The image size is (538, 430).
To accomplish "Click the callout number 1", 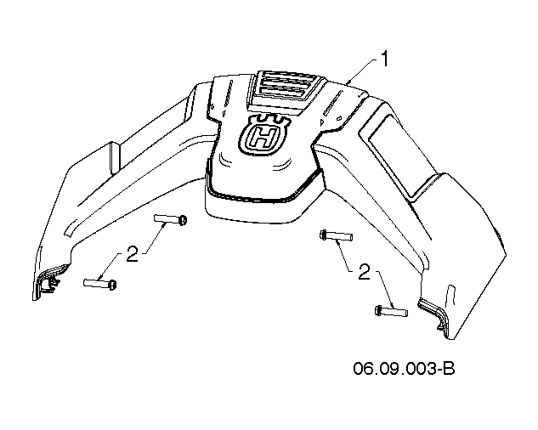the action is click(x=385, y=59).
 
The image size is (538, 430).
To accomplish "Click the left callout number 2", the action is click(x=133, y=254).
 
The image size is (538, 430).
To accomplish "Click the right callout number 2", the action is click(x=365, y=271).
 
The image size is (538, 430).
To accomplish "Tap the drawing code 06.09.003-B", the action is click(x=404, y=369).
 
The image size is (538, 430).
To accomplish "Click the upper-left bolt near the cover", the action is click(x=170, y=219).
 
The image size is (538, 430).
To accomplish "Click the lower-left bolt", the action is click(x=99, y=284).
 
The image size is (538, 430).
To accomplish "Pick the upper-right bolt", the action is click(x=337, y=235).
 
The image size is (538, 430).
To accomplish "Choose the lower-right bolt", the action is click(x=391, y=311).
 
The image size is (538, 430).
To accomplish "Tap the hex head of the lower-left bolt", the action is click(x=112, y=285).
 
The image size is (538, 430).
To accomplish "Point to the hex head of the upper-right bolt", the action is click(x=323, y=235).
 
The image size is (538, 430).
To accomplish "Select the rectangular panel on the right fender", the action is click(x=395, y=155).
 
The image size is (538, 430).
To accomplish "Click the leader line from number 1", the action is click(x=362, y=71).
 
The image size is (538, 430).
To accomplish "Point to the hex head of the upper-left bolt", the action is click(x=183, y=220).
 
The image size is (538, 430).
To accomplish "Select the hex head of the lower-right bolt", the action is click(x=378, y=310).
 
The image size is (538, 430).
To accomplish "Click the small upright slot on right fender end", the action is click(x=450, y=295).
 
